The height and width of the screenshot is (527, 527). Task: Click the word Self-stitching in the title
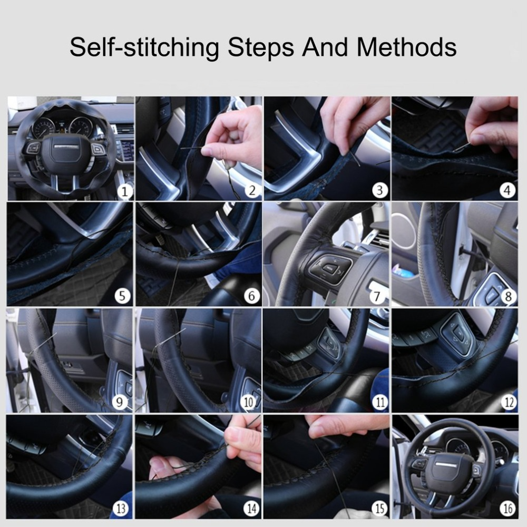pyautogui.click(x=143, y=47)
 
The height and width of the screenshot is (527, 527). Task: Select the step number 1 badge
pyautogui.click(x=124, y=191)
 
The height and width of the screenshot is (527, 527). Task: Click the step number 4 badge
pyautogui.click(x=508, y=190)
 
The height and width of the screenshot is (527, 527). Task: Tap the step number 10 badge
pyautogui.click(x=249, y=403)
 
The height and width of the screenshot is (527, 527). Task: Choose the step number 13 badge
pyautogui.click(x=121, y=509)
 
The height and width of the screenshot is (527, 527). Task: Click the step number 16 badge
pyautogui.click(x=508, y=509)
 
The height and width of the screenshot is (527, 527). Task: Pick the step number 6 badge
pyautogui.click(x=251, y=296)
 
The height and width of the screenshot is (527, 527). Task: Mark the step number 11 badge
pyautogui.click(x=379, y=403)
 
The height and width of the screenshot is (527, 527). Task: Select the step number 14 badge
pyautogui.click(x=251, y=509)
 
